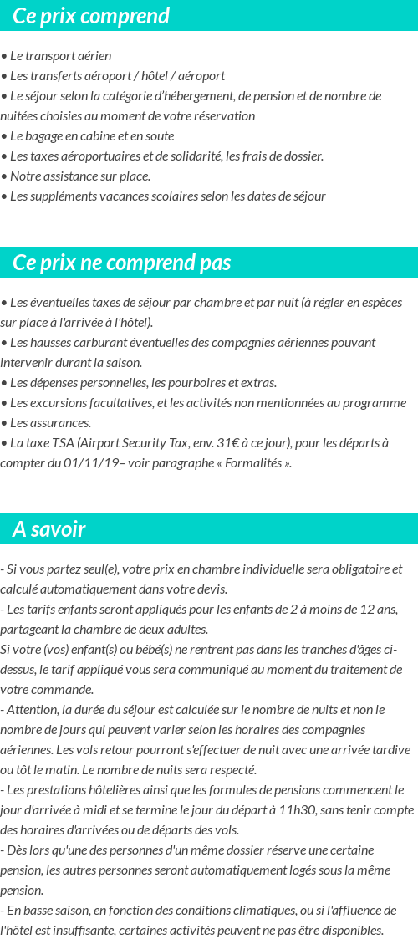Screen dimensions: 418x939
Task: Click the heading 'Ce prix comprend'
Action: pyautogui.click(x=91, y=16)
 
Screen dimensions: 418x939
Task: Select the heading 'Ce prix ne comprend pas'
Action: pyautogui.click(x=121, y=263)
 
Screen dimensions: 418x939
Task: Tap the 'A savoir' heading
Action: pyautogui.click(x=49, y=529)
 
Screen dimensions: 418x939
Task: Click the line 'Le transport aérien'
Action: pyautogui.click(x=60, y=56)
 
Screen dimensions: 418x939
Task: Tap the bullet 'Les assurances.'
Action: pyautogui.click(x=50, y=422)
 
